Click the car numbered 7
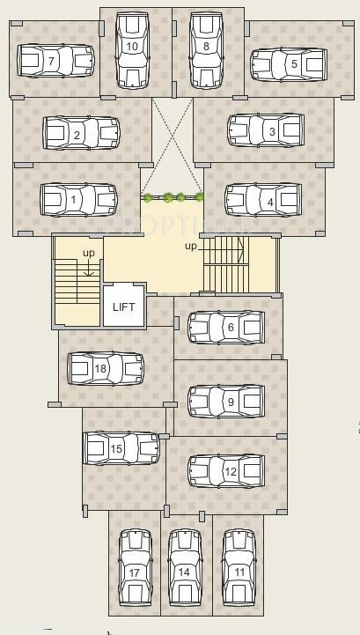(x=55, y=62)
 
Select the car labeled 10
(x=133, y=49)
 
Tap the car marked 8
(x=206, y=49)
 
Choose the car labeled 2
(x=81, y=134)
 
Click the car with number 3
(x=266, y=130)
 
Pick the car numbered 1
(x=78, y=199)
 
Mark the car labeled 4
(x=263, y=199)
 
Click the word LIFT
(x=123, y=307)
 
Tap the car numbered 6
(x=226, y=328)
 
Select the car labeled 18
(x=106, y=368)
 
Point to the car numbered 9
(x=226, y=401)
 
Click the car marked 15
(x=121, y=448)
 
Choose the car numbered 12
(x=226, y=471)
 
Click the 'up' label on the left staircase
(x=89, y=254)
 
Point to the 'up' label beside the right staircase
(x=191, y=247)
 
